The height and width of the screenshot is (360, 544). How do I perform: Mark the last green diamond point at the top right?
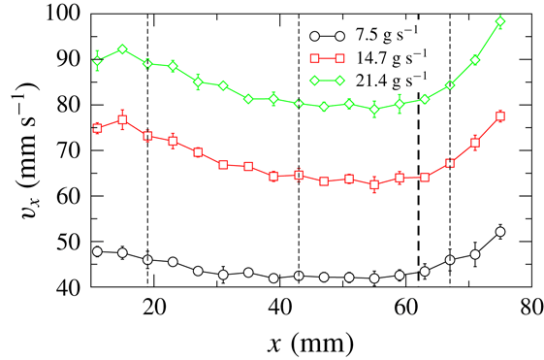point(500,21)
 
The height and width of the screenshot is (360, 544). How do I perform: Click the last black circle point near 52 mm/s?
point(500,232)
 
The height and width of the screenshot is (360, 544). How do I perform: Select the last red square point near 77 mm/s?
point(500,116)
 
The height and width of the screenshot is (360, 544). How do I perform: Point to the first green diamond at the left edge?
point(97,60)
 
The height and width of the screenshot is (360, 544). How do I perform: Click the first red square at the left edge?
point(97,128)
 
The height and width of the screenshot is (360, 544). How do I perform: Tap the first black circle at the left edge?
point(97,251)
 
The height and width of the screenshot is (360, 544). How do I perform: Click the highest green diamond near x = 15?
point(122,49)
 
